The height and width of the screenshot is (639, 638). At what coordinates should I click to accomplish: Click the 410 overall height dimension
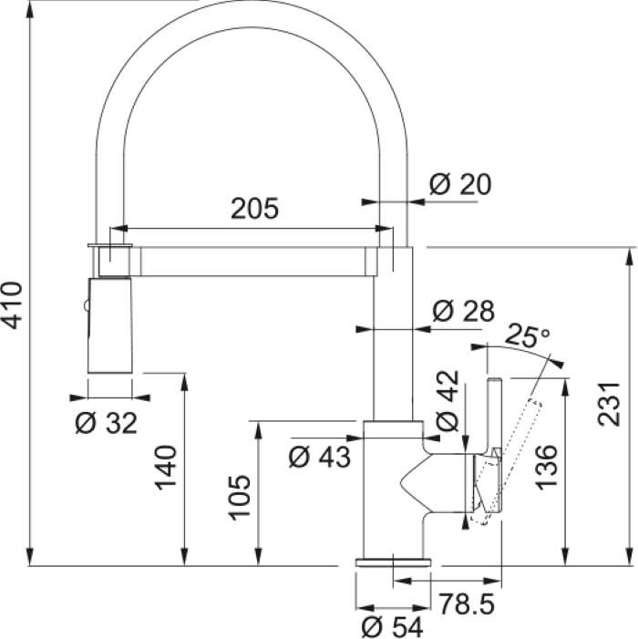tap(12, 304)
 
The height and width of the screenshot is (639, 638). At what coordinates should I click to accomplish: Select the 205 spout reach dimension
tap(254, 209)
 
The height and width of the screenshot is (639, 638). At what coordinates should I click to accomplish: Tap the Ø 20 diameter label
tap(460, 184)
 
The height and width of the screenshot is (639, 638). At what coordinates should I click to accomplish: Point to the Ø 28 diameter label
tap(464, 311)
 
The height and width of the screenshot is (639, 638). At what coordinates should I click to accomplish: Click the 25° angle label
tap(527, 335)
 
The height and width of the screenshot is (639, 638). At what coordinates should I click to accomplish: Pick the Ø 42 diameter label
tap(448, 400)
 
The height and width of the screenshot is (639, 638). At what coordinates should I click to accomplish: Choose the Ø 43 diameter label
tap(319, 457)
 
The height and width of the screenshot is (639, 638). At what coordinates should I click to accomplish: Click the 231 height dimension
tap(609, 404)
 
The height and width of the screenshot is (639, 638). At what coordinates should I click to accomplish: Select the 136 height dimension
tap(546, 467)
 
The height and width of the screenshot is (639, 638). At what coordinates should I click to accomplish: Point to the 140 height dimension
tap(165, 468)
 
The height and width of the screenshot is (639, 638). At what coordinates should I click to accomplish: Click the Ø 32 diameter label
tap(107, 423)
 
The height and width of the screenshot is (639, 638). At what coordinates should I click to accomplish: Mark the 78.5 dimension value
tap(467, 603)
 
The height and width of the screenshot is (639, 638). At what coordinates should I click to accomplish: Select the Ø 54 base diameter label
tap(392, 626)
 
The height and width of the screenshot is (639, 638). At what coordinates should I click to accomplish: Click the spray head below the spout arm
tap(109, 325)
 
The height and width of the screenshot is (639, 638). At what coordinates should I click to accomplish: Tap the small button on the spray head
tap(85, 305)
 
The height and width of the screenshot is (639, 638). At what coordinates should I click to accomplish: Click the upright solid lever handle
tap(494, 417)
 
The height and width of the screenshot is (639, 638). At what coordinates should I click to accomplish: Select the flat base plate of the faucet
tap(393, 562)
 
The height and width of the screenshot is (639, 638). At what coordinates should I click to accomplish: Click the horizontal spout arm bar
tap(252, 262)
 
